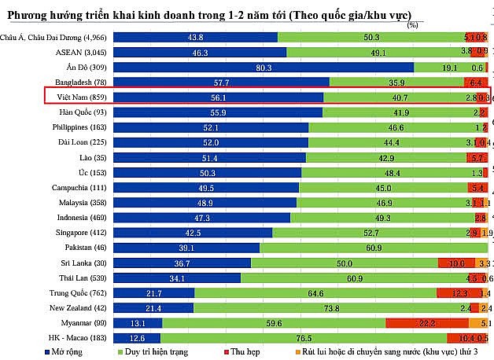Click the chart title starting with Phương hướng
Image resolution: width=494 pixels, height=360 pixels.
tap(213, 15)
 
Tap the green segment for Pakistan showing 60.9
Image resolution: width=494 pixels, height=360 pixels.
tap(374, 247)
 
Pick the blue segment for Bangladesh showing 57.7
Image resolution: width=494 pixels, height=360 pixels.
tap(221, 82)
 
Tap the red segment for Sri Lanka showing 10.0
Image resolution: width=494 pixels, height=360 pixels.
tap(456, 263)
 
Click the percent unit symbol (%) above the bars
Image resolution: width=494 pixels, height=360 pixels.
tap(412, 24)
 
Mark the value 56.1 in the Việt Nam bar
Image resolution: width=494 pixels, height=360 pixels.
tap(219, 97)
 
